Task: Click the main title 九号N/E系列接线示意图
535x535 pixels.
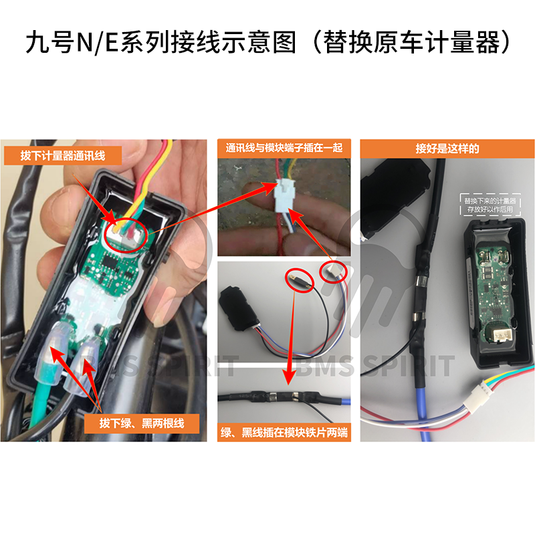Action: tap(160, 44)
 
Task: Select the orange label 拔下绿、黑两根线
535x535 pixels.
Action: tap(141, 423)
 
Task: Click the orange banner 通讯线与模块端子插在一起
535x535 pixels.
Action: tap(284, 148)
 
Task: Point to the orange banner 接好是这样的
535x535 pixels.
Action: tap(447, 148)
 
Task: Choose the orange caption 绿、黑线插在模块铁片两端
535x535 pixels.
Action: tap(284, 433)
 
